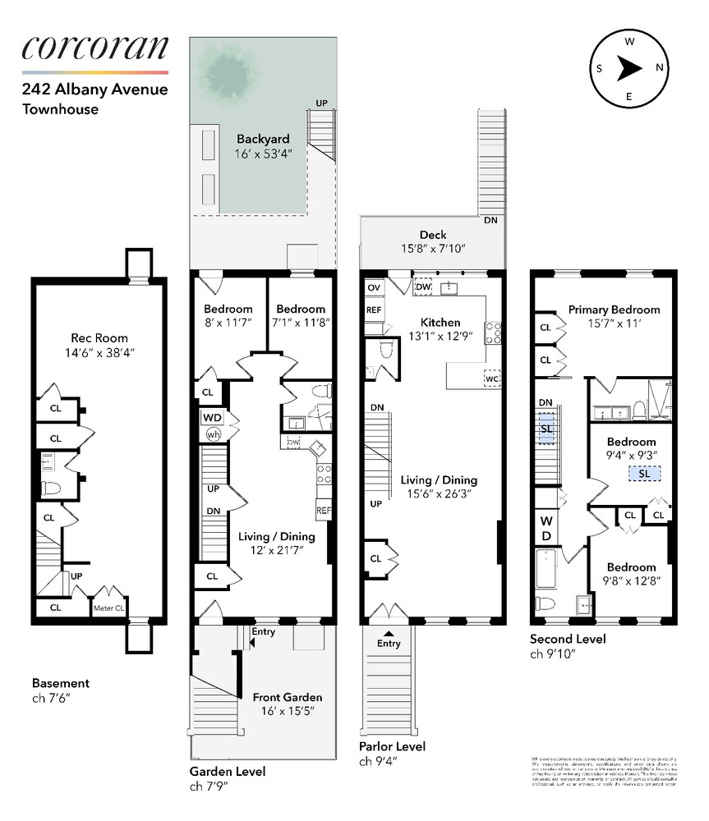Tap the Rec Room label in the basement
[x=99, y=337]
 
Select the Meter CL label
[x=108, y=608]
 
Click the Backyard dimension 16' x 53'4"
[x=263, y=154]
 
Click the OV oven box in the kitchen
[x=374, y=287]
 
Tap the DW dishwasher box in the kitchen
[x=423, y=287]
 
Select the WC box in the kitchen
[x=492, y=379]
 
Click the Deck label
[x=433, y=235]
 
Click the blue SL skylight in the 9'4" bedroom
[x=643, y=474]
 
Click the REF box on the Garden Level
[x=323, y=509]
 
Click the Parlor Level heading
[x=392, y=746]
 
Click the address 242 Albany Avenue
[x=94, y=89]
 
